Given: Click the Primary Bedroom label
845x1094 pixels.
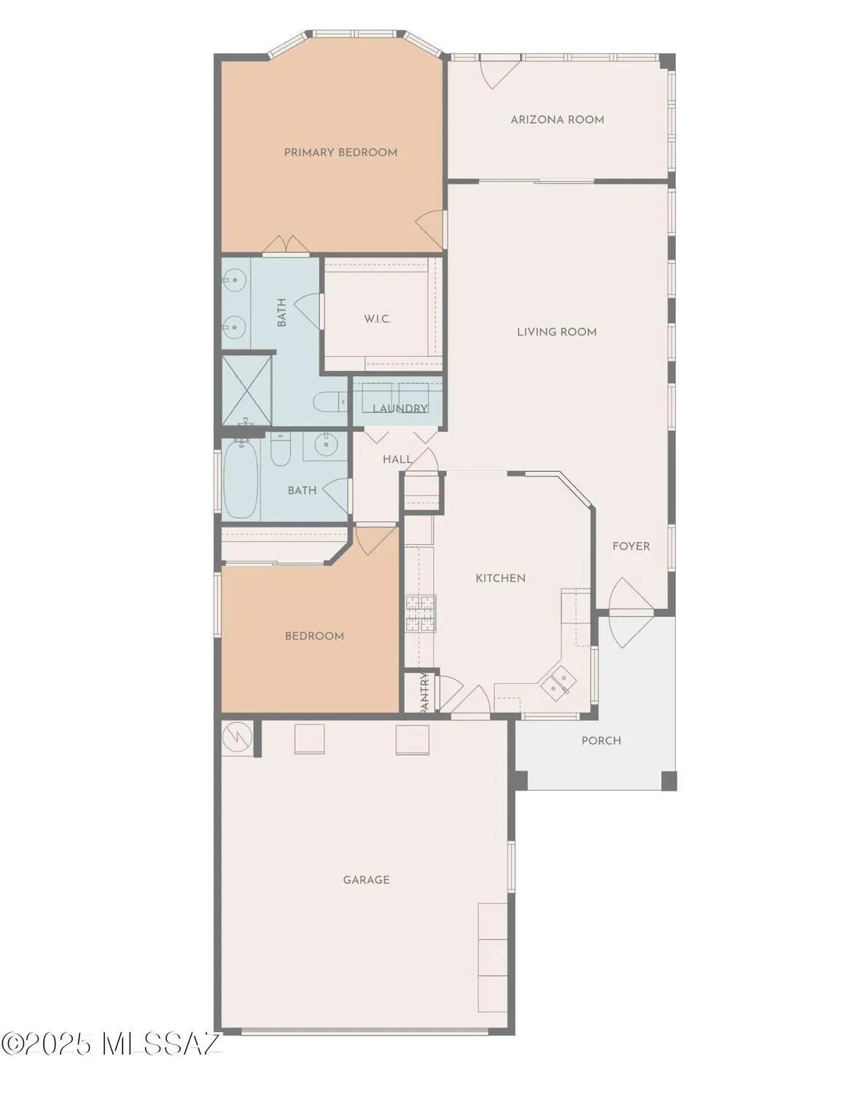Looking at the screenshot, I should coord(340,152).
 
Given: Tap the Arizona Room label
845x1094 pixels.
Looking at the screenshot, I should coord(557,120).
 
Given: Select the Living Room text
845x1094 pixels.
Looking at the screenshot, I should coord(556,332).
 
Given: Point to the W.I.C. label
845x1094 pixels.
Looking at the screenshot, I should coord(377,319).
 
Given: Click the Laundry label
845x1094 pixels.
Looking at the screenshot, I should coord(400,408).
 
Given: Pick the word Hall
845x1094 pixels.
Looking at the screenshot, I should coord(397,459).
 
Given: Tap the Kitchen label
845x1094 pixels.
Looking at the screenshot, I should coord(500,578).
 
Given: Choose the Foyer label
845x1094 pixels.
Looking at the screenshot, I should coord(631,546).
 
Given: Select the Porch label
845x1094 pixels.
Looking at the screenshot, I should coord(601,740).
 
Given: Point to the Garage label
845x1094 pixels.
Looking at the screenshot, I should coord(366,880).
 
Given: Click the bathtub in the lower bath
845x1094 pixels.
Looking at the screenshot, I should coord(240,479).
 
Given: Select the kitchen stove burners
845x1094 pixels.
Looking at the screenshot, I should coord(421,613).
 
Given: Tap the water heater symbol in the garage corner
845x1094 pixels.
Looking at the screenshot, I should coord(237,737).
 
